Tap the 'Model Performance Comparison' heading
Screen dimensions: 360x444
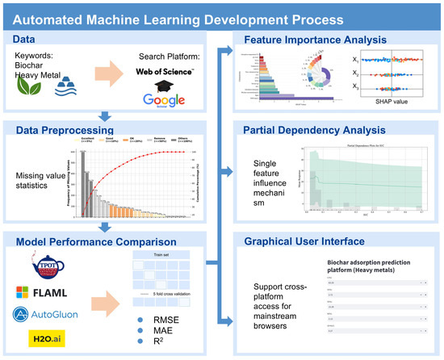[x=90, y=242]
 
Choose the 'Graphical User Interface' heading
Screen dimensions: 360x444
[x=302, y=241]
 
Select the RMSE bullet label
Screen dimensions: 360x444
[x=158, y=319]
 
